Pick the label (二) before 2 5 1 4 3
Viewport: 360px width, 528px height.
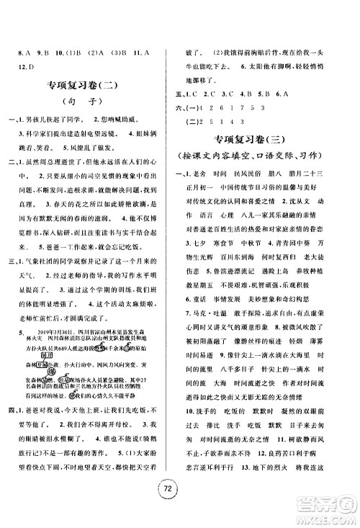[204, 119]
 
